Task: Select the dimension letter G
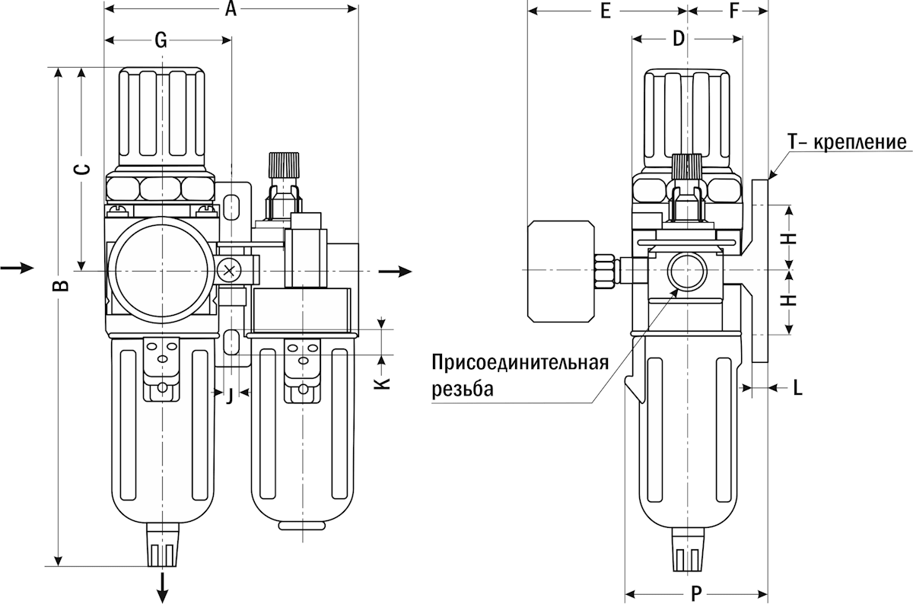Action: click(x=161, y=41)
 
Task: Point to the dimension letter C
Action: click(x=86, y=169)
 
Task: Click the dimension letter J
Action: click(x=229, y=394)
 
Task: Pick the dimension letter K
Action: click(x=384, y=380)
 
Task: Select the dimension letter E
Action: click(x=606, y=11)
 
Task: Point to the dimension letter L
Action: click(x=797, y=388)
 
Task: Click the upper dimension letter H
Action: click(x=791, y=237)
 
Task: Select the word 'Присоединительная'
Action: click(x=520, y=362)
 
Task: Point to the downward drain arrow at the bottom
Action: click(x=164, y=587)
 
